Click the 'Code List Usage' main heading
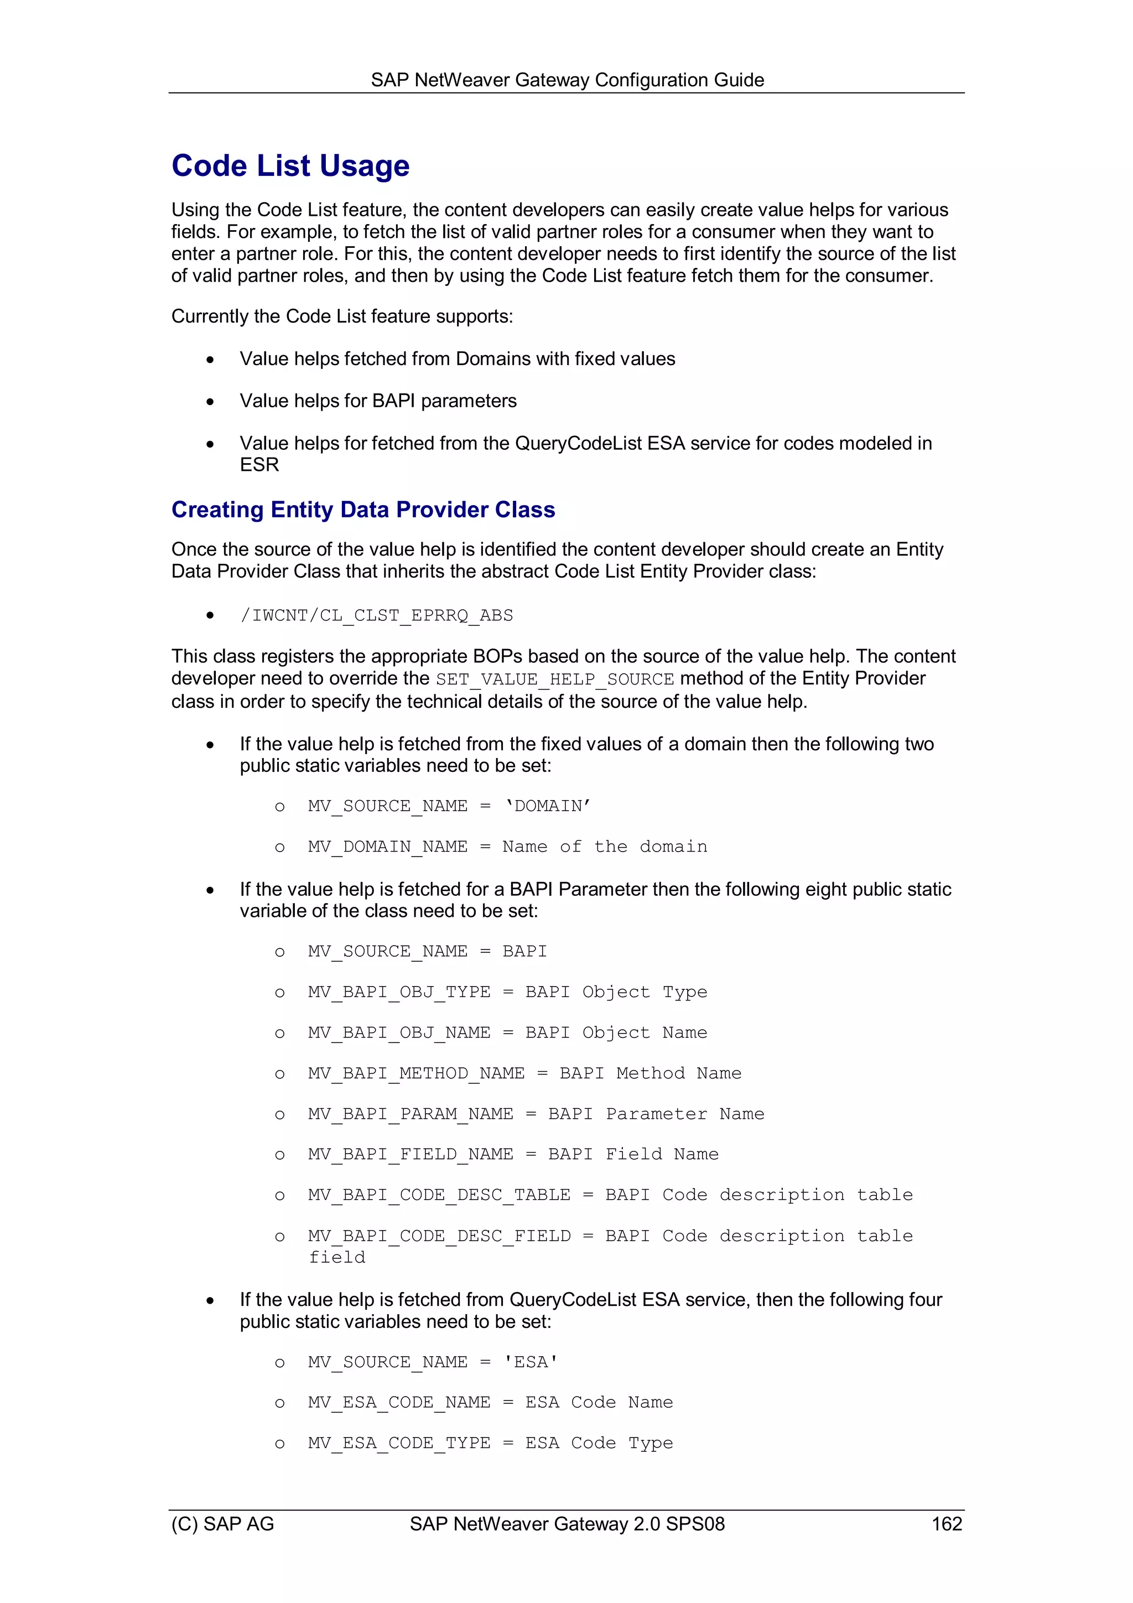click(x=290, y=166)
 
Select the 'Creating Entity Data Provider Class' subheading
click(x=363, y=510)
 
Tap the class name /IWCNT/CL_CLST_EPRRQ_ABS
click(x=376, y=615)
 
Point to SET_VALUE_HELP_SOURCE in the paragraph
click(x=555, y=678)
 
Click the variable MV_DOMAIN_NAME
click(x=387, y=847)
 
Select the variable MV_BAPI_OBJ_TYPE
click(x=399, y=992)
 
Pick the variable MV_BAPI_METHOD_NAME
click(x=416, y=1073)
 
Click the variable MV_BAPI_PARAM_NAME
click(x=410, y=1114)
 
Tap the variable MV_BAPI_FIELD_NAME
click(x=410, y=1154)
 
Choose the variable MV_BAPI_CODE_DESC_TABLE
click(x=439, y=1195)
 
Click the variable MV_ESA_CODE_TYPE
click(x=399, y=1443)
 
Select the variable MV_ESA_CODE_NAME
click(x=399, y=1403)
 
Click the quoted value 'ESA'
click(x=531, y=1362)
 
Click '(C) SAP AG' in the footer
click(x=223, y=1523)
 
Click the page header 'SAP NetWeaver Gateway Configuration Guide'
click(x=567, y=80)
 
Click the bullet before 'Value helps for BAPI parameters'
click(x=210, y=402)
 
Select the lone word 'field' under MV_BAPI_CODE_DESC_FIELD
click(x=337, y=1257)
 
